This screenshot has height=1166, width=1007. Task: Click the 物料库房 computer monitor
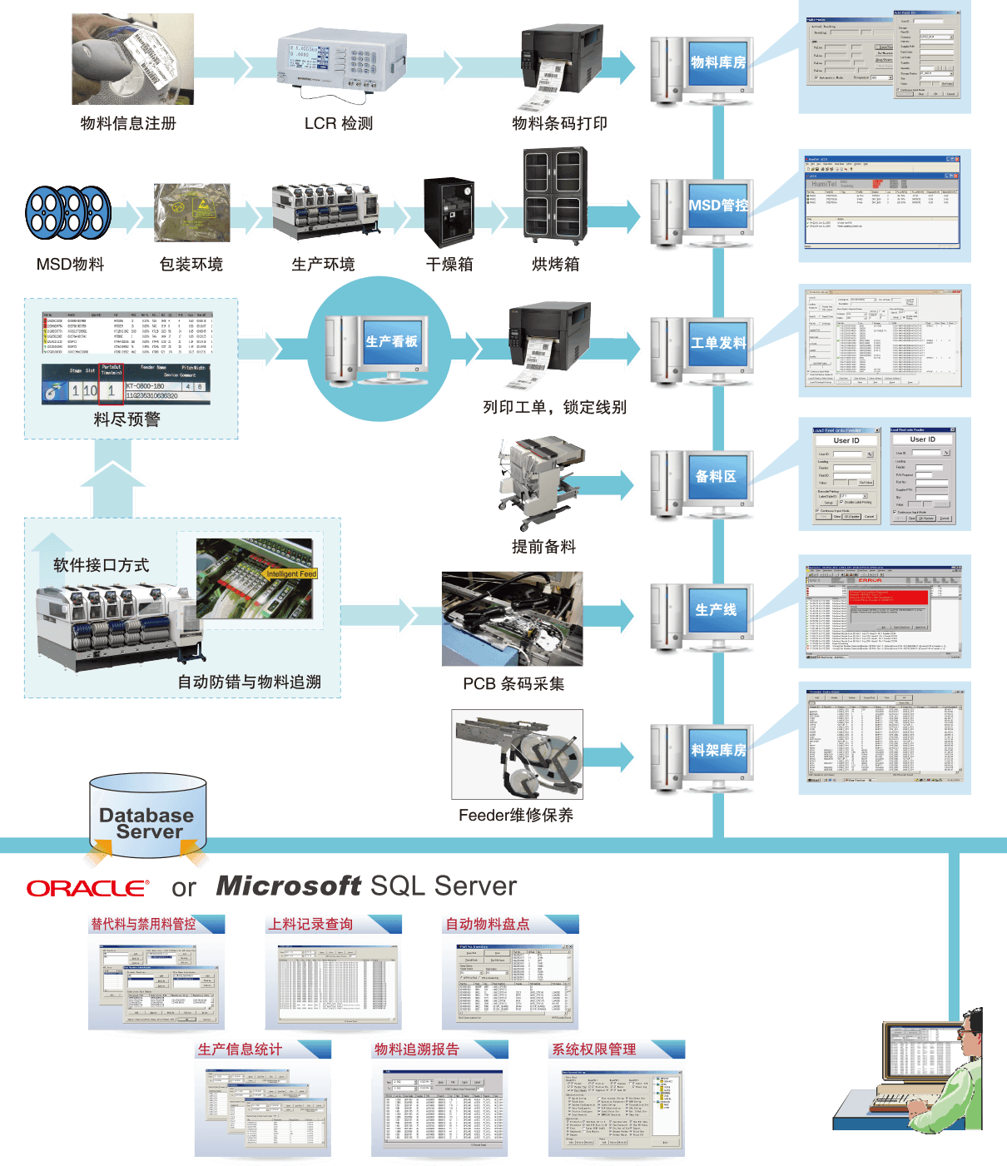(717, 62)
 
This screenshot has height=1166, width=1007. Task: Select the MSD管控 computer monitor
(717, 205)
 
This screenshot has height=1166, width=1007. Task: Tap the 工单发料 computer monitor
(717, 343)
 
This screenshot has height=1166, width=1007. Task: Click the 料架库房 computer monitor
(717, 750)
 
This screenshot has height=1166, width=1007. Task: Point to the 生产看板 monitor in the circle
(392, 342)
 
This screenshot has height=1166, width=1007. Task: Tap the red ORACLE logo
(87, 888)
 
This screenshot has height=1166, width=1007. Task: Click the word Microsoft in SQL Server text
(288, 886)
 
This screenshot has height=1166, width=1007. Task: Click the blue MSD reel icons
(68, 212)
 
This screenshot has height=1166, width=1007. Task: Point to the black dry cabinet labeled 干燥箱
(449, 211)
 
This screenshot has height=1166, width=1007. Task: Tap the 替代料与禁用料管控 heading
(143, 924)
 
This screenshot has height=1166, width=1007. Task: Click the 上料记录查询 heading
(310, 924)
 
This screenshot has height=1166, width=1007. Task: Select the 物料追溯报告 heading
(416, 1049)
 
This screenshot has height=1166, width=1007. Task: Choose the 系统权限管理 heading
(594, 1049)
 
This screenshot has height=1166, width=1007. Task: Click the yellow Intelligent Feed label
(291, 573)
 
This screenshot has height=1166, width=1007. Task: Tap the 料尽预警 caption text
(126, 419)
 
